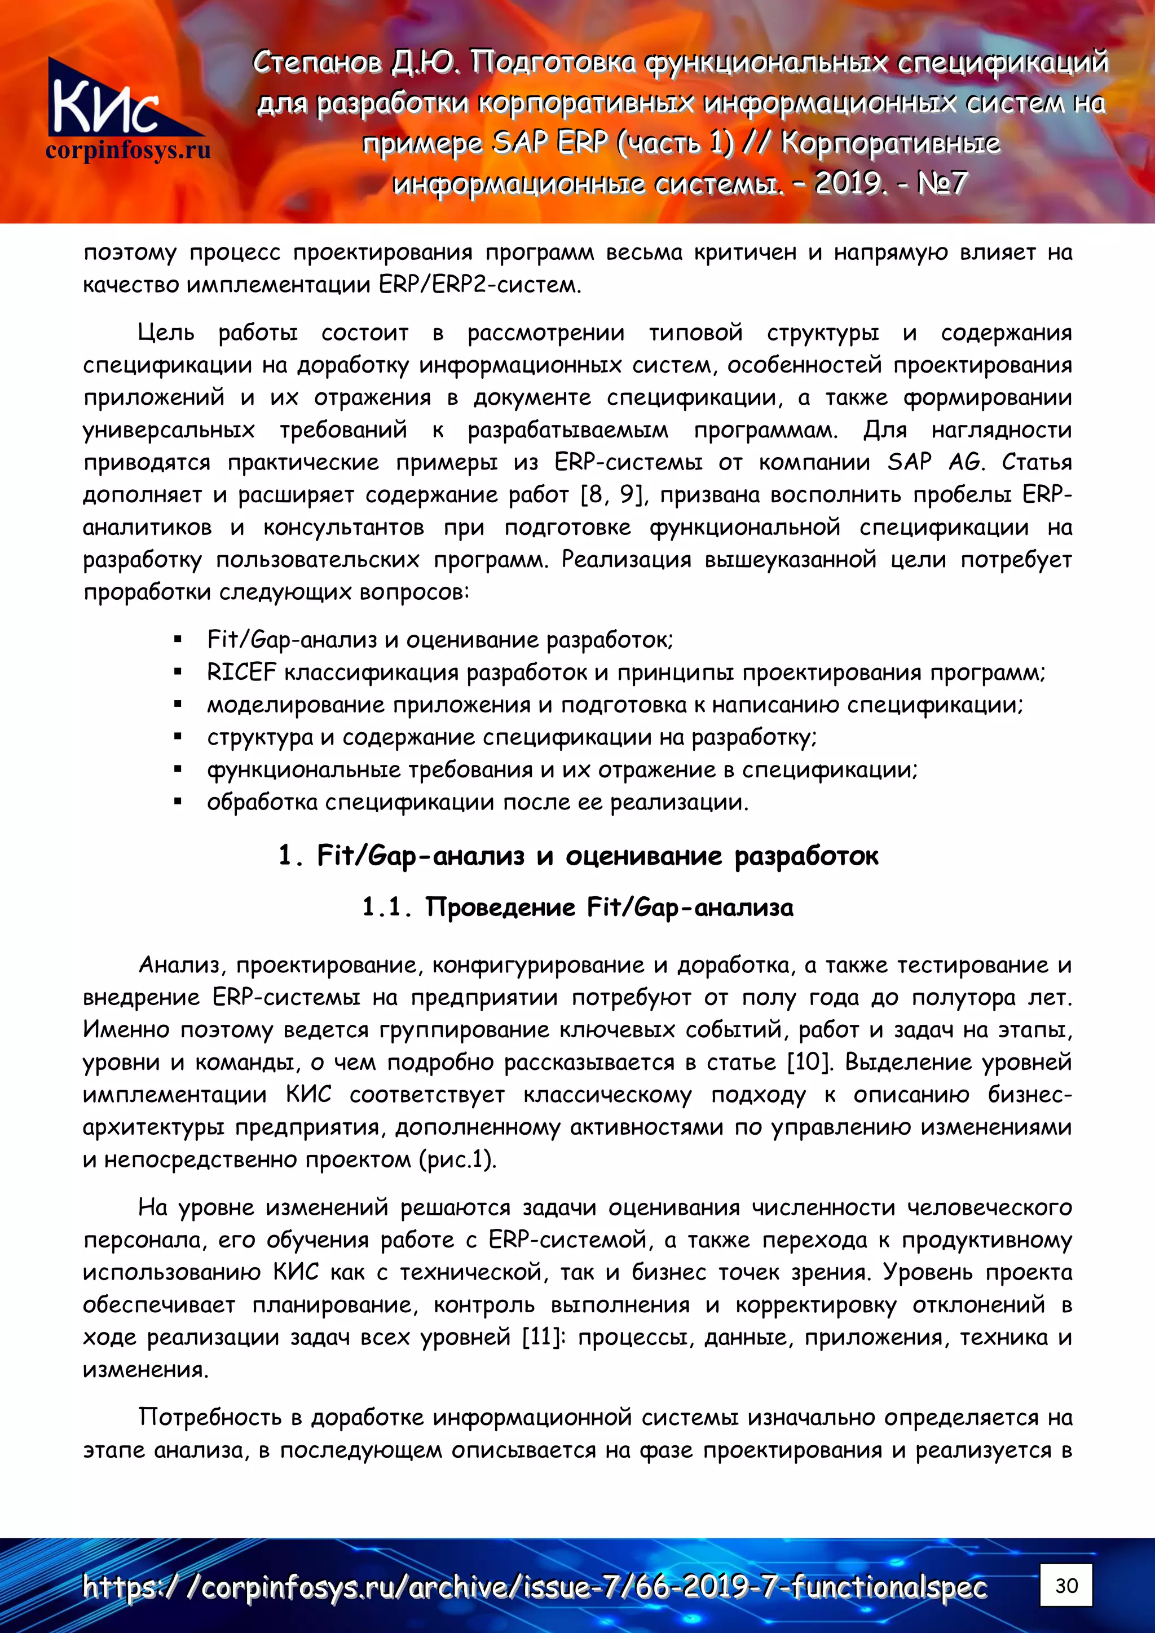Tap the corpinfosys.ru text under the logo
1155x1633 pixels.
tap(128, 151)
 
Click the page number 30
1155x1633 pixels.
tap(1065, 1585)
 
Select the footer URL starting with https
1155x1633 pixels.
tap(534, 1587)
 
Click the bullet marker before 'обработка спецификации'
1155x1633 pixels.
tap(178, 802)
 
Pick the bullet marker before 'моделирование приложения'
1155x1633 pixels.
tap(178, 705)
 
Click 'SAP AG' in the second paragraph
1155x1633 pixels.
tap(935, 462)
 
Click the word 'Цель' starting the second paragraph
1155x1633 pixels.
tap(165, 333)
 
